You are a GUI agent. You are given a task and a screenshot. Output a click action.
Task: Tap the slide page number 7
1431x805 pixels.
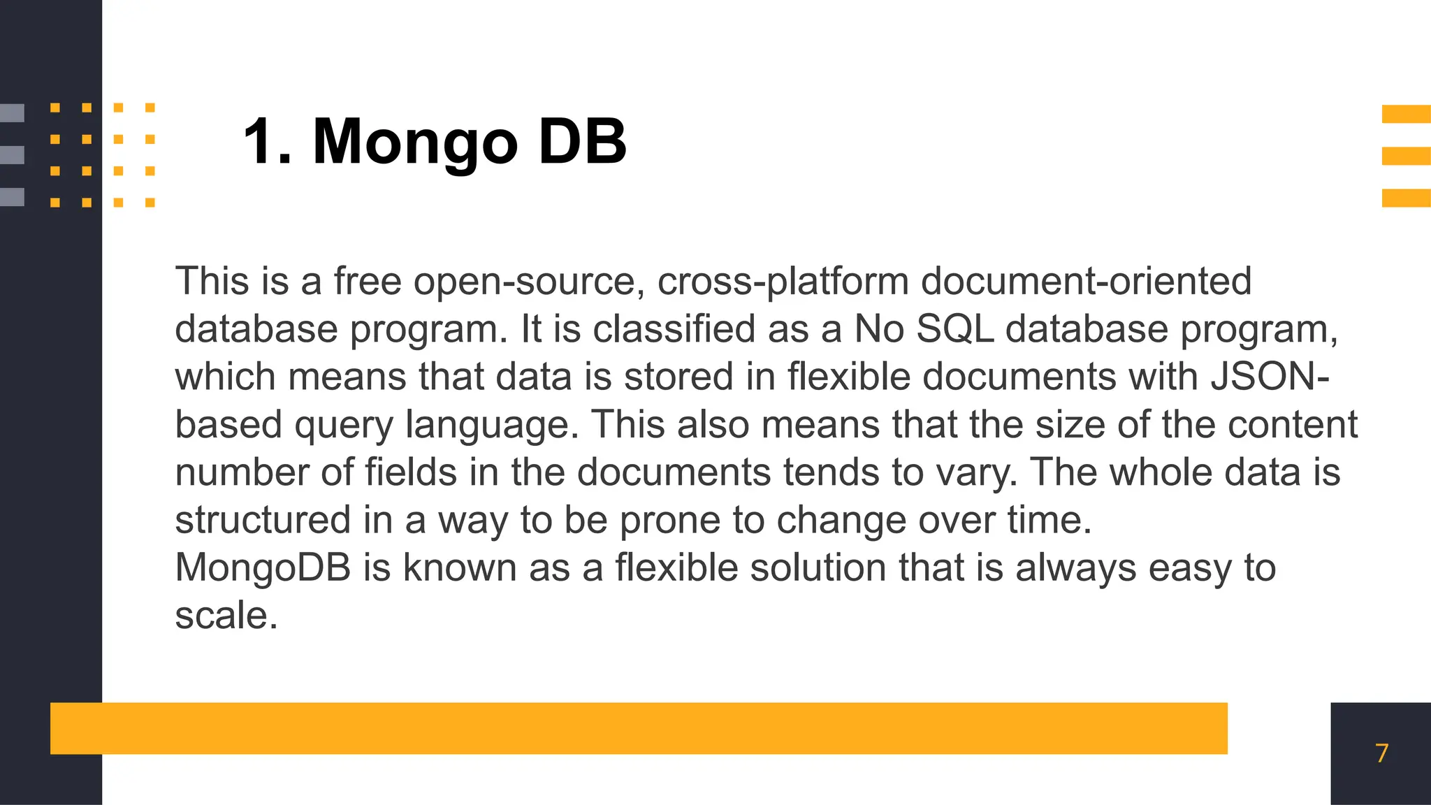point(1381,753)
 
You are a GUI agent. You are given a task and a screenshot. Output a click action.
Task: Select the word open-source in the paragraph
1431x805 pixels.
point(529,282)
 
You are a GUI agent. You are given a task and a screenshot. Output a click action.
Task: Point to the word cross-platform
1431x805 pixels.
point(783,282)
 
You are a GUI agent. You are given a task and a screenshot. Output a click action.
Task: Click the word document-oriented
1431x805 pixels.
point(1086,282)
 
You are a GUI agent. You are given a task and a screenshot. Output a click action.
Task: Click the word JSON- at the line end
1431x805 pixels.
point(1270,377)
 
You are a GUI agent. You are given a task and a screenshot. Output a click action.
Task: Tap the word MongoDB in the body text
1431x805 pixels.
point(263,567)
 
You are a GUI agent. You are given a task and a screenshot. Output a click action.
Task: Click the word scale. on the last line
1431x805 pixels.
point(226,616)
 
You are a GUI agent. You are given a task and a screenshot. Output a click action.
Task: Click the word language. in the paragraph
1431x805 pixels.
point(492,425)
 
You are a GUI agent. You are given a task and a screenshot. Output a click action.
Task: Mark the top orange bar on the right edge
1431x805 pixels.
point(1406,114)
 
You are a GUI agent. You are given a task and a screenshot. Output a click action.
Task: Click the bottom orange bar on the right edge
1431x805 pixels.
point(1406,198)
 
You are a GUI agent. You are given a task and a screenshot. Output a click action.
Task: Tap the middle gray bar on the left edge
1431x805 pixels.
point(12,154)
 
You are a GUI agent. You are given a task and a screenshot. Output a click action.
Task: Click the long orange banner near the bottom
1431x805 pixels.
point(639,728)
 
